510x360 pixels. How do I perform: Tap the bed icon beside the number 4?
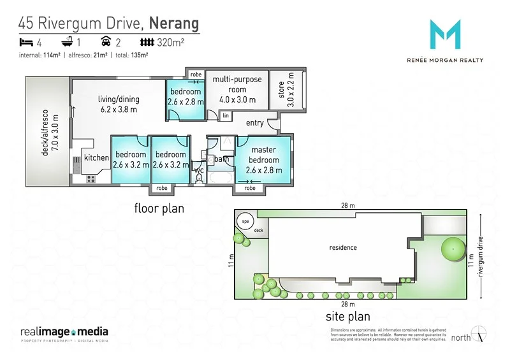pos(25,43)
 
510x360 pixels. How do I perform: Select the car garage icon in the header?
pos(106,43)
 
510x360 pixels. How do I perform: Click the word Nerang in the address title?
pos(173,24)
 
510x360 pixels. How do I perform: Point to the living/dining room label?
pos(119,104)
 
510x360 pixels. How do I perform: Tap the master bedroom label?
pos(263,155)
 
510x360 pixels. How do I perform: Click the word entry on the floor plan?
pos(254,123)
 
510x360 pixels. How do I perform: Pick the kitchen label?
pos(97,158)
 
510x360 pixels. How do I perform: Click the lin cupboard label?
pos(226,115)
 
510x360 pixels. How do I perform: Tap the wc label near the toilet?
pos(198,170)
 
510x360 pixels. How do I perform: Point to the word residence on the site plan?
pos(343,247)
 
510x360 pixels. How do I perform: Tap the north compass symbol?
pos(481,334)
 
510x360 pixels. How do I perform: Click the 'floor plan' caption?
pos(159,208)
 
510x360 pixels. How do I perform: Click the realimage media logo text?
pos(64,332)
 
